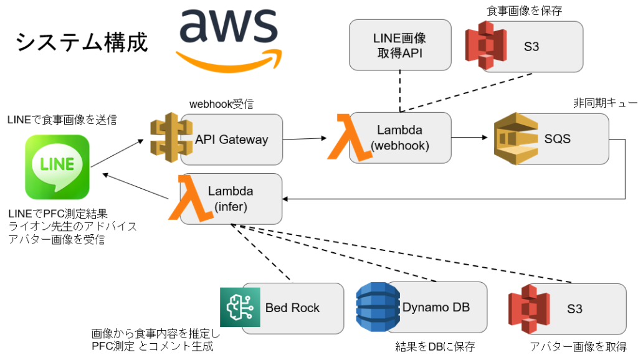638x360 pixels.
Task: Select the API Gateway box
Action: (x=231, y=139)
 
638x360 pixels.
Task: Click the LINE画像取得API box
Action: (x=400, y=45)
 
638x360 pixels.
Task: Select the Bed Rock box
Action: (x=292, y=308)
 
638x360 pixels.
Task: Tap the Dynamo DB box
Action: (x=436, y=307)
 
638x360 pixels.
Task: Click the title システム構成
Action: (x=81, y=42)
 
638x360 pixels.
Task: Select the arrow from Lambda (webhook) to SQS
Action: (x=469, y=138)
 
